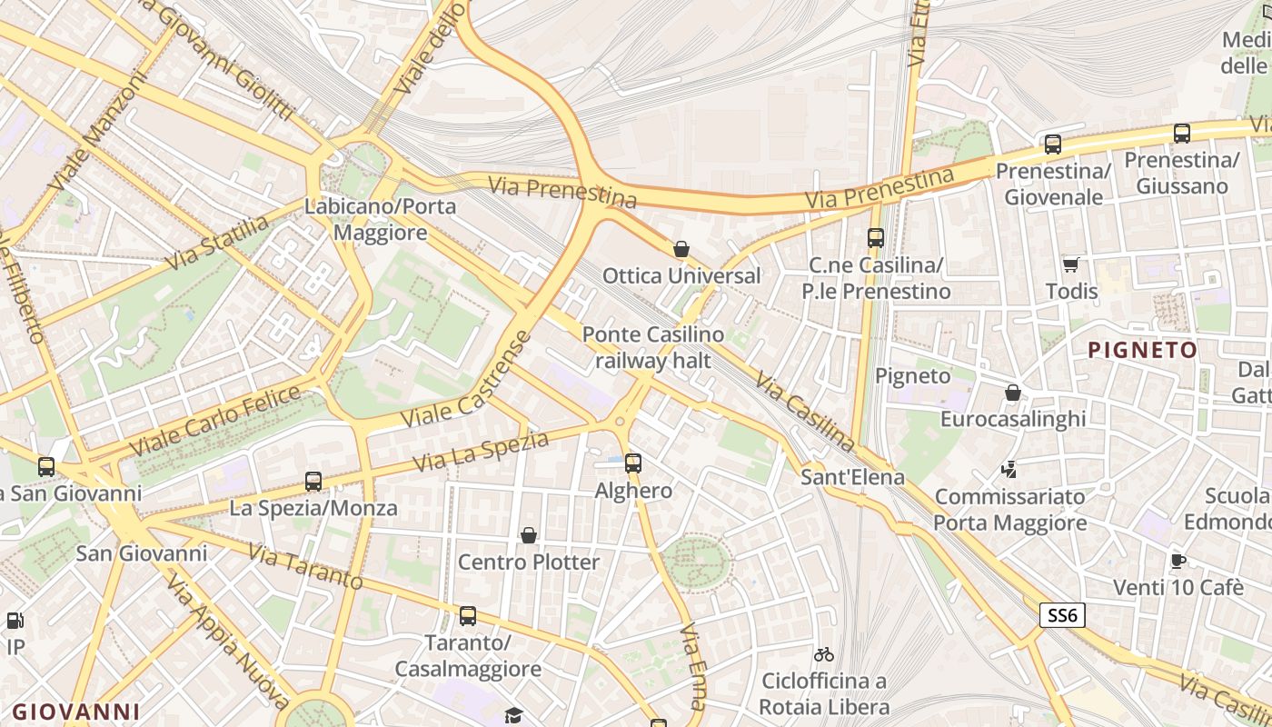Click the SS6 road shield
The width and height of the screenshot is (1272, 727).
1062,615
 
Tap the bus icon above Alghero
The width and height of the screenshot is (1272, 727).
633,463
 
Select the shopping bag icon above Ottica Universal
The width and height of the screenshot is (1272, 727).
681,248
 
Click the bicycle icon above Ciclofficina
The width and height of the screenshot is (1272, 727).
824,653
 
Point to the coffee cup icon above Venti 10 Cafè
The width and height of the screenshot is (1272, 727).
1178,560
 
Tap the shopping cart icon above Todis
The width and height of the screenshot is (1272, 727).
1071,264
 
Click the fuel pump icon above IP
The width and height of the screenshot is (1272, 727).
15,621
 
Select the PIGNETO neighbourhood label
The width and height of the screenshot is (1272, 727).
1143,350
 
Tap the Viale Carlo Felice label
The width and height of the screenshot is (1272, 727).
215,422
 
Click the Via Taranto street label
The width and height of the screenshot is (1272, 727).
305,566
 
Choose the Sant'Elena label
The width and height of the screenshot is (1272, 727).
852,477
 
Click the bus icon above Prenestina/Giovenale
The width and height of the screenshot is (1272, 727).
1053,144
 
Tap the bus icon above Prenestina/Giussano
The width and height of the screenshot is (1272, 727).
1182,133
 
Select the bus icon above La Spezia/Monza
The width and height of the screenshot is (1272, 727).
313,481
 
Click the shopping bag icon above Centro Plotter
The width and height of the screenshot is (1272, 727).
529,535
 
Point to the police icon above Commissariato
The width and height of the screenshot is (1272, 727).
1009,469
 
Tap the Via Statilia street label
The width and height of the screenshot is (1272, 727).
218,243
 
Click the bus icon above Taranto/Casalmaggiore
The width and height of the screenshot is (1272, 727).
468,615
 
